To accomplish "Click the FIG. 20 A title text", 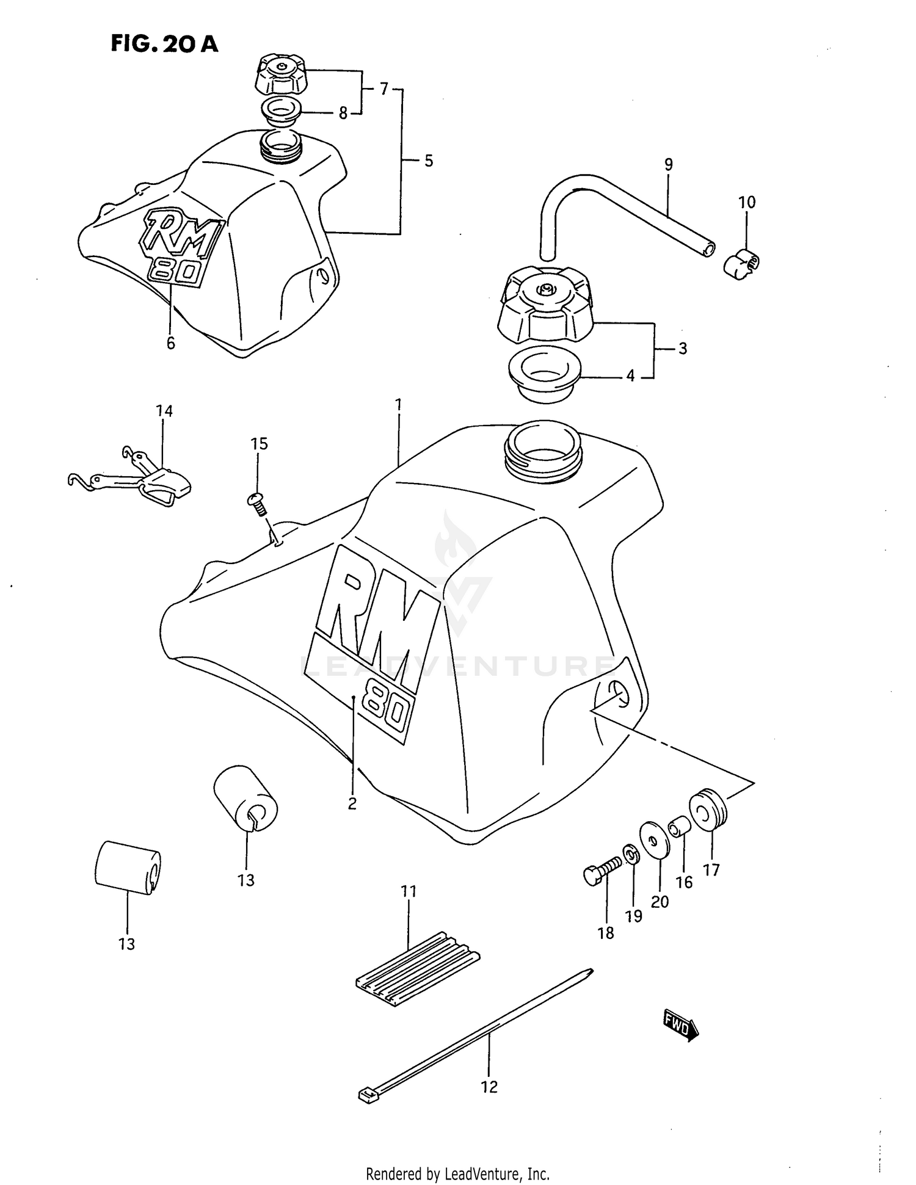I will point(164,43).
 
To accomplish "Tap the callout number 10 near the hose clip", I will point(747,202).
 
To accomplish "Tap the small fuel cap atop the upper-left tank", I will point(280,73).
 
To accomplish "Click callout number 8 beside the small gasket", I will point(343,113).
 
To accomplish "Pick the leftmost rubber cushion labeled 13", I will point(127,868).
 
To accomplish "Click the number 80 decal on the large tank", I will point(387,711).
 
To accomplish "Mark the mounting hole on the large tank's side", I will point(619,694).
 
